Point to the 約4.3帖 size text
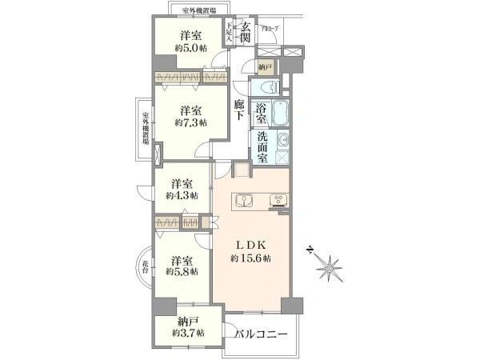(x=182, y=194)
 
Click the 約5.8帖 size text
(x=182, y=272)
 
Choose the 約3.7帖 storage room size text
(x=187, y=333)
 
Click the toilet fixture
(x=266, y=88)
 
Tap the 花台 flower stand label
(x=146, y=264)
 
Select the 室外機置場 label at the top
(x=197, y=10)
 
